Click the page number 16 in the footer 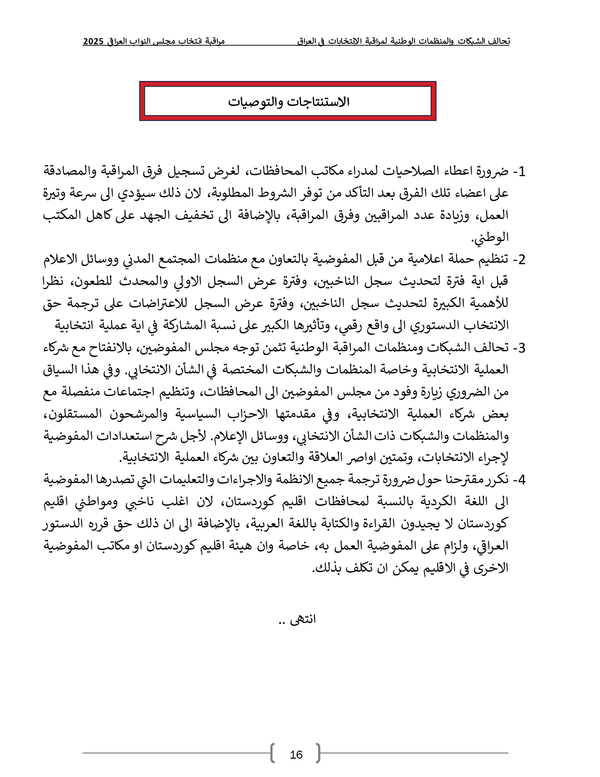pos(296,755)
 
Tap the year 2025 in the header pos(93,41)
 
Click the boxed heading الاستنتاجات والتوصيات pos(288,102)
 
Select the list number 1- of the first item pos(519,172)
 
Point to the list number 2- pos(519,260)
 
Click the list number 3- pos(519,348)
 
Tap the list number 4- pos(519,480)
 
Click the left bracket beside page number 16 pos(272,753)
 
